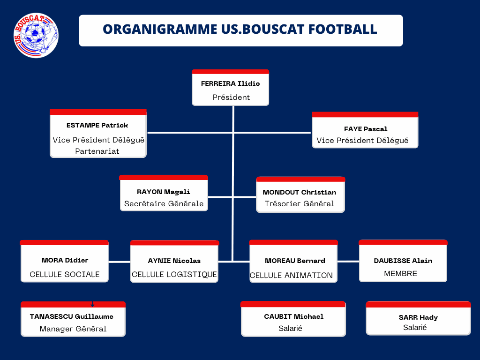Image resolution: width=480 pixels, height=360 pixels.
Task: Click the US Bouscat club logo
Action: tap(36, 36)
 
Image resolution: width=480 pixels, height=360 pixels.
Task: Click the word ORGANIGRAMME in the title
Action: tap(160, 30)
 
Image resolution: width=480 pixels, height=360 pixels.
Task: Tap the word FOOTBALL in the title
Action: tap(343, 30)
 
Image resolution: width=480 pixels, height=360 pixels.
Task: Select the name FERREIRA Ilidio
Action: tap(231, 83)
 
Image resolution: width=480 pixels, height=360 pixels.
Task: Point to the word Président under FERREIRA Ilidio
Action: tap(231, 97)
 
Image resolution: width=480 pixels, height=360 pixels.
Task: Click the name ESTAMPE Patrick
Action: tap(97, 125)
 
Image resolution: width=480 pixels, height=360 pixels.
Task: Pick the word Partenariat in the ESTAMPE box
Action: tap(97, 151)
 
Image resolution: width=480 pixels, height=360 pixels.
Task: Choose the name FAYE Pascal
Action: tap(366, 129)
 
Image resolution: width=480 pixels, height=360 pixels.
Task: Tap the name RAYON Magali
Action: tap(164, 192)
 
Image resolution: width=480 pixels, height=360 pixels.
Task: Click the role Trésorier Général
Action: tap(300, 204)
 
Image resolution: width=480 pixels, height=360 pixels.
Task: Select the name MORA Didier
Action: tap(65, 260)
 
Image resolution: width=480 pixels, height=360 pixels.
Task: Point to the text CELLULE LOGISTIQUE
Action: tap(174, 275)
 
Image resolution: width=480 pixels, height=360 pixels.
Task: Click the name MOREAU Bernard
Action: tap(295, 261)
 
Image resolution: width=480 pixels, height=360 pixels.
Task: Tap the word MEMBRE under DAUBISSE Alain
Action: tap(400, 274)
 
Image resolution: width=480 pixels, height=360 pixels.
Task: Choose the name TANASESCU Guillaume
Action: tap(72, 316)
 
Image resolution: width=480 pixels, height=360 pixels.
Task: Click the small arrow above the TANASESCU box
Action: tap(92, 304)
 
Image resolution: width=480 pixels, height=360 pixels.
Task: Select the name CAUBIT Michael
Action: tap(294, 316)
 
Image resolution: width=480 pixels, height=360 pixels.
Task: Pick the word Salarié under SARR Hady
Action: tap(415, 328)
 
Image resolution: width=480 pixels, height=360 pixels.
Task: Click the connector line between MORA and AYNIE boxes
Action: tap(120, 262)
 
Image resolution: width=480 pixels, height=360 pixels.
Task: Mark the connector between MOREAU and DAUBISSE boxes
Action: tap(348, 262)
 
